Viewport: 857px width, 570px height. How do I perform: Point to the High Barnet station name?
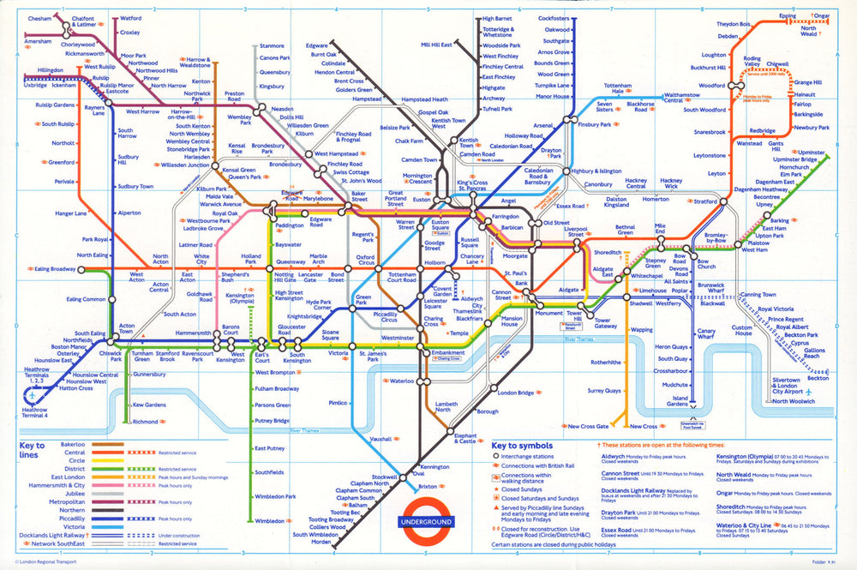[x=498, y=18]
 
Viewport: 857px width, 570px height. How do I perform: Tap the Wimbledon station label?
[x=269, y=520]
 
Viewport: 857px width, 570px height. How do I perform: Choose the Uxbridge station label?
[x=35, y=86]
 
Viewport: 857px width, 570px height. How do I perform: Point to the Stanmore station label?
[x=272, y=45]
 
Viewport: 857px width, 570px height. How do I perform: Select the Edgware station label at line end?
[x=317, y=45]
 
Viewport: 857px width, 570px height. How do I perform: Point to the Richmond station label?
[x=146, y=422]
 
